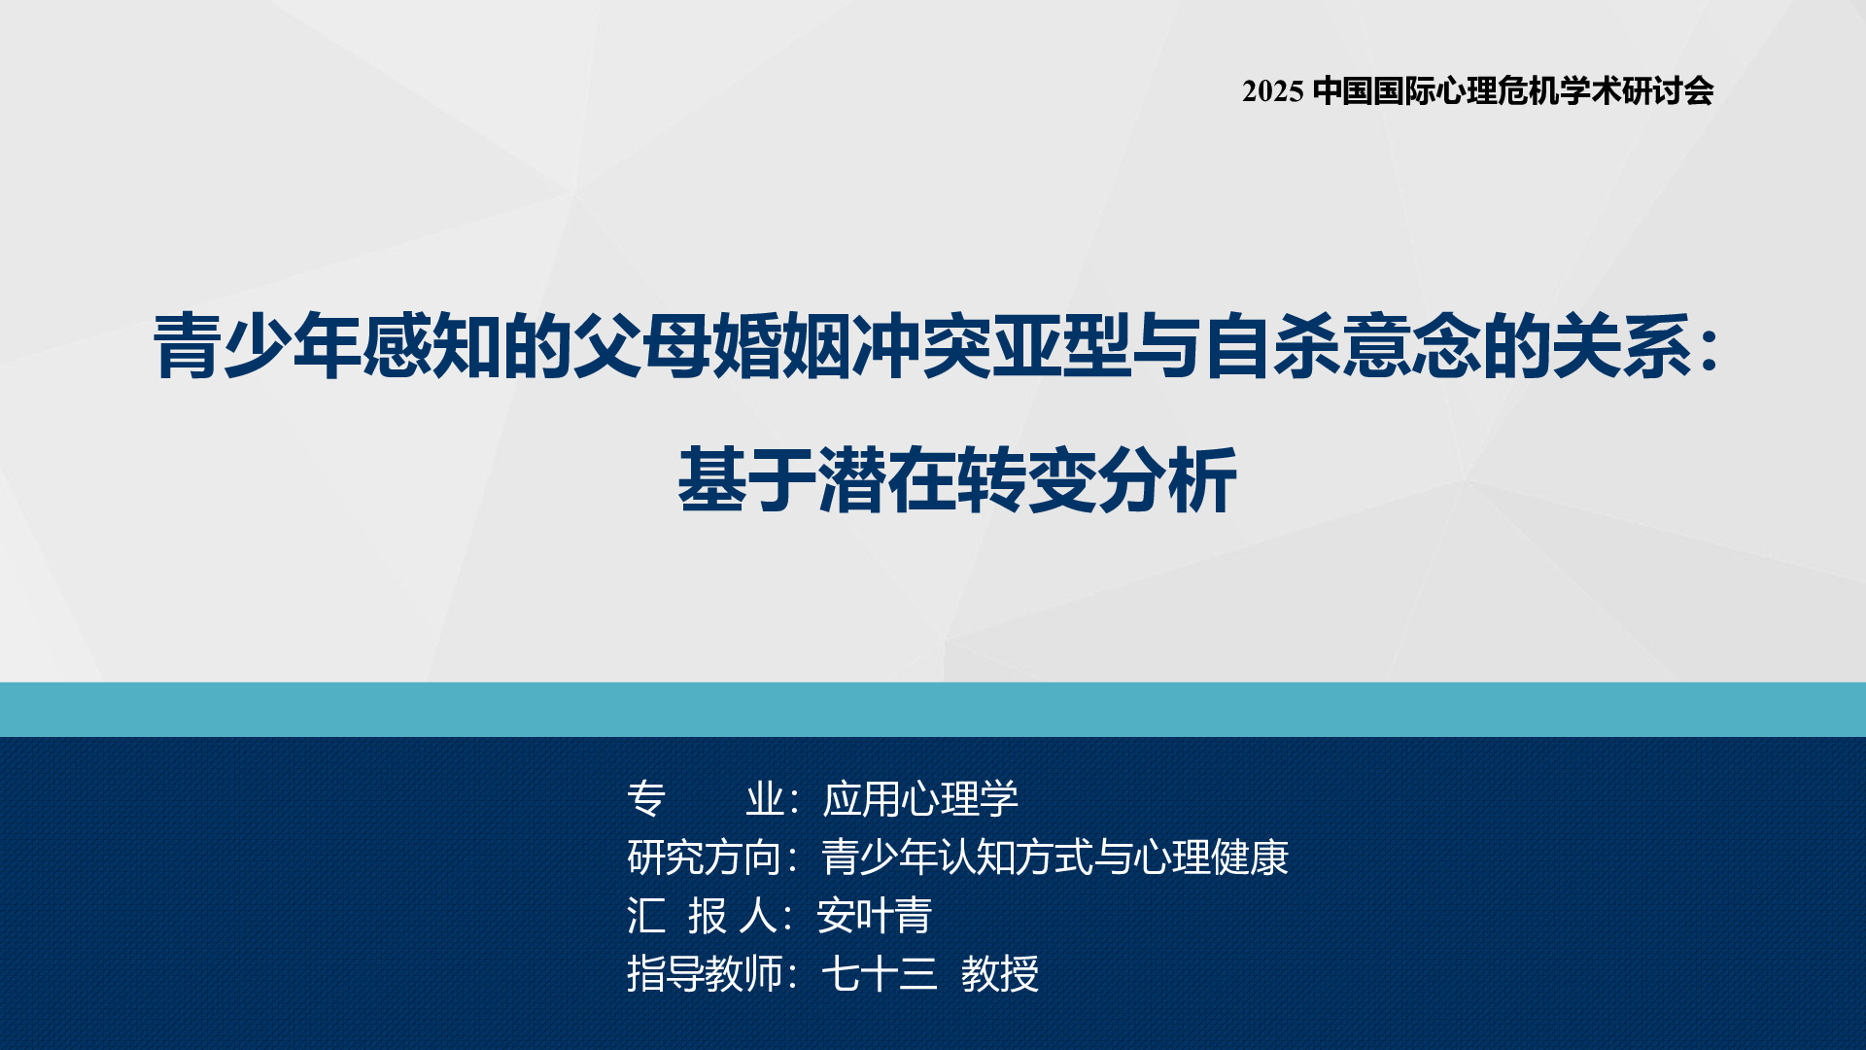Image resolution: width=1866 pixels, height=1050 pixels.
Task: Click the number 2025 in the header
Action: tap(1272, 91)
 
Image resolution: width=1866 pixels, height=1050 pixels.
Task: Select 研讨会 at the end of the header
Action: tap(1668, 91)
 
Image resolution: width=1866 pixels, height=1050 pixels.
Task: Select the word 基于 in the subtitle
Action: tap(746, 479)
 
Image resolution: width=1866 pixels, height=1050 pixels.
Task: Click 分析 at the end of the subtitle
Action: tap(1167, 479)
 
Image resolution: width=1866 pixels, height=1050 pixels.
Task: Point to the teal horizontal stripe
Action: tap(933, 709)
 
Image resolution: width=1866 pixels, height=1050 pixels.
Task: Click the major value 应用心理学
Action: tap(920, 799)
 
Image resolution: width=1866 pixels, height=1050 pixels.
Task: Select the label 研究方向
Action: tap(705, 857)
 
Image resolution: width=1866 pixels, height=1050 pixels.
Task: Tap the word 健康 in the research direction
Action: tap(1250, 857)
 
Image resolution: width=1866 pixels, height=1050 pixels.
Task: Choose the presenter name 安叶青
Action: tap(875, 916)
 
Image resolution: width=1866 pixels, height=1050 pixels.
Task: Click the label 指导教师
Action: tap(705, 974)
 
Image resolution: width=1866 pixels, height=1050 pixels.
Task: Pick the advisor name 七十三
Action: tap(880, 974)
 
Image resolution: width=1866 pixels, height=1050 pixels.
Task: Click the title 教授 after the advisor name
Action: tap(1000, 974)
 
